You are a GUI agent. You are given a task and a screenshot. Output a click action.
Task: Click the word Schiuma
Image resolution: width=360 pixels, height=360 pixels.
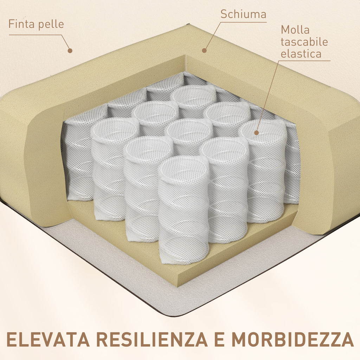(x=243, y=14)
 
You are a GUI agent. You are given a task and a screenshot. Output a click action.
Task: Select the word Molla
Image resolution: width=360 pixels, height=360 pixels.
(x=295, y=30)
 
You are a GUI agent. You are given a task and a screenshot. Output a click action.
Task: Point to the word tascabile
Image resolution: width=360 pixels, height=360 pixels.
(x=304, y=42)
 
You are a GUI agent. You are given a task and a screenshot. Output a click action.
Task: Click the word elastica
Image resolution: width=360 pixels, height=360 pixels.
(x=301, y=54)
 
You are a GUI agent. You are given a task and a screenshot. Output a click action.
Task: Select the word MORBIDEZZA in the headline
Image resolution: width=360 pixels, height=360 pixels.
(x=292, y=339)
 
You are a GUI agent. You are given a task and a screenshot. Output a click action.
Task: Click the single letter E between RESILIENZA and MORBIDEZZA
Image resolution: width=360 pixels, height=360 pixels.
(x=219, y=339)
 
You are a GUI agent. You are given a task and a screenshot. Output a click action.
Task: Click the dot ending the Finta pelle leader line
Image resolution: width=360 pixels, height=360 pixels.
(x=70, y=51)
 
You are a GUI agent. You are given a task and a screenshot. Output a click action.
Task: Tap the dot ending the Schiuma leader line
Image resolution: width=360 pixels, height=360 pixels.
(x=204, y=51)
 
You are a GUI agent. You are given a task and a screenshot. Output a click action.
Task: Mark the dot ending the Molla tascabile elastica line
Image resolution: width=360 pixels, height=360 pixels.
(x=256, y=133)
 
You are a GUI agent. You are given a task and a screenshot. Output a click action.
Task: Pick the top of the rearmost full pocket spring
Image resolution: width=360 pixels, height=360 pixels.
(x=193, y=95)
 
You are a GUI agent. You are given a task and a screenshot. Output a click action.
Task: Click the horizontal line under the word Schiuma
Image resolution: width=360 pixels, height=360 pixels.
(x=243, y=22)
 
